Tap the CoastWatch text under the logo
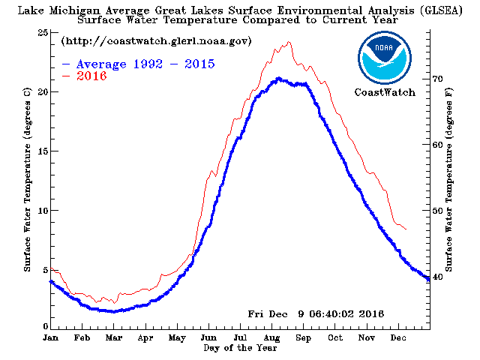(383, 92)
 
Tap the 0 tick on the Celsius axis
(45, 328)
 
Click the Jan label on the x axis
(51, 339)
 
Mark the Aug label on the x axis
(271, 339)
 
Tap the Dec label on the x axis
(398, 339)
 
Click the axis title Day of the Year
(240, 348)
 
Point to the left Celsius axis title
(27, 180)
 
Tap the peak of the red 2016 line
(287, 42)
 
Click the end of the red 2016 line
(406, 229)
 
